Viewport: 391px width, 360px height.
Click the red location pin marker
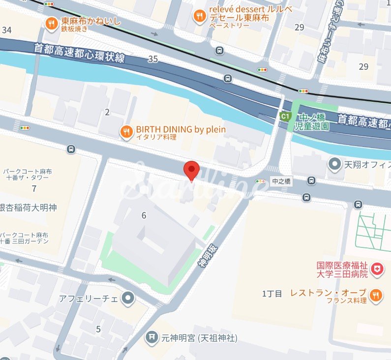[191, 170]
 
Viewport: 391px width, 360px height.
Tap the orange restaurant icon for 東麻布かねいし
[51, 23]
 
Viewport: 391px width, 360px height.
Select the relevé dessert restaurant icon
[199, 16]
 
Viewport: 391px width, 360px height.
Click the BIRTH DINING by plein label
[180, 129]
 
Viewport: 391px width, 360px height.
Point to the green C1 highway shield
[284, 116]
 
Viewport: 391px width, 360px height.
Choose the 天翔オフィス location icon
[335, 163]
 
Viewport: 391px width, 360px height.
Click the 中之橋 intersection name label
[281, 181]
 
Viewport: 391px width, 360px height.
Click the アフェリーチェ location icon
[128, 298]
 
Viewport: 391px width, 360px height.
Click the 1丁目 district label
[272, 294]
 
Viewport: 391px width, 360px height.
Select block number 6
[144, 215]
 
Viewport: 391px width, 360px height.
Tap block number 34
[6, 30]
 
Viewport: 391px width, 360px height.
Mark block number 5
[98, 329]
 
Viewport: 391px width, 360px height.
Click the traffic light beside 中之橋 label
[260, 181]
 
